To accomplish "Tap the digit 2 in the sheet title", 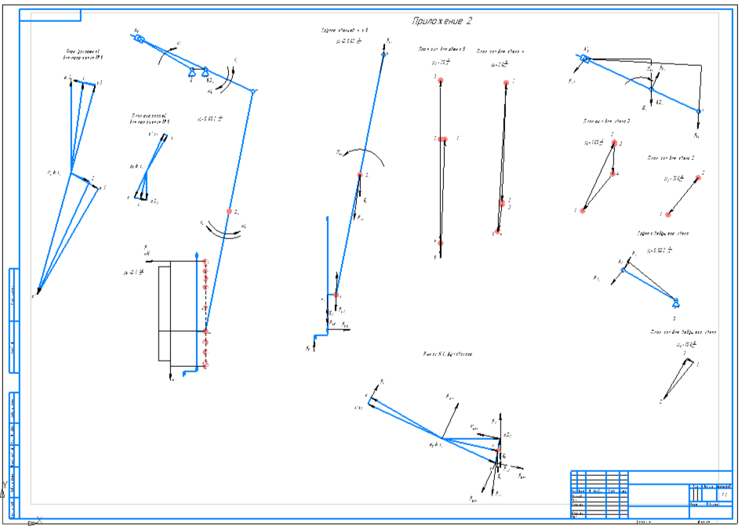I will click(470, 21).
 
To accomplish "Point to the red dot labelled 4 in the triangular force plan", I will click(614, 172).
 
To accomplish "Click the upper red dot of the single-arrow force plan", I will click(699, 178).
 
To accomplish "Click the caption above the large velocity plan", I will click(81, 56).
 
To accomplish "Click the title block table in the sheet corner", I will click(651, 494).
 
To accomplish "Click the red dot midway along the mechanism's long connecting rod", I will click(229, 212).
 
